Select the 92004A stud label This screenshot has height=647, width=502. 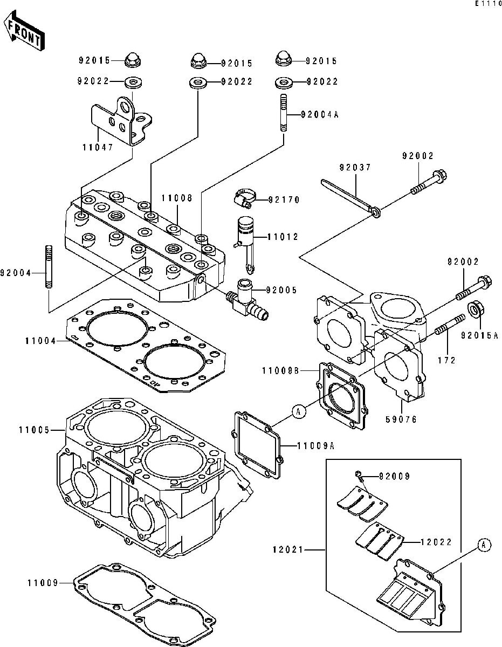point(319,114)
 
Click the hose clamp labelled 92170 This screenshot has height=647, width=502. point(243,198)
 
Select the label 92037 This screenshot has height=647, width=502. point(355,168)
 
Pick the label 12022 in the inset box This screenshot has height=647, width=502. point(438,542)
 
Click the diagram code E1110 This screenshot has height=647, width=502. point(487,4)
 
